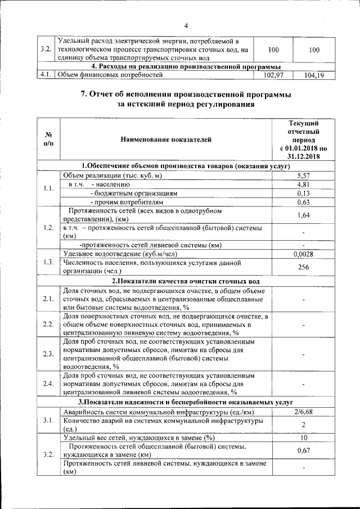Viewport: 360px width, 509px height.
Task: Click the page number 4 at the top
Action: click(x=185, y=25)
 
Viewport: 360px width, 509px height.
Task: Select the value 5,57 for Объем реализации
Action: click(x=303, y=175)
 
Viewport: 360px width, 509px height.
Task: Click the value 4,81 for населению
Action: click(x=303, y=184)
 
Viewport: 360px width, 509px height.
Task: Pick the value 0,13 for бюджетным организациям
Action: click(x=303, y=193)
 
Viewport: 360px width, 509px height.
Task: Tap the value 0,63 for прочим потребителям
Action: click(x=303, y=202)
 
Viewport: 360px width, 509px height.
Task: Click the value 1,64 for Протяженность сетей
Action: click(x=303, y=215)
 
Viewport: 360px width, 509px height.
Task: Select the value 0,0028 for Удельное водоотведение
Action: click(x=303, y=254)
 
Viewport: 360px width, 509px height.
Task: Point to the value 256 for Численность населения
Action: click(x=303, y=267)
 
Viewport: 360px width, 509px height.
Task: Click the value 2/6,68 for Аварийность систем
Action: click(x=303, y=412)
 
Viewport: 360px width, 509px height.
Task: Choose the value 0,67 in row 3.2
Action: click(x=303, y=451)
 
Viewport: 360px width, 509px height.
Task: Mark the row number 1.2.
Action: click(x=48, y=228)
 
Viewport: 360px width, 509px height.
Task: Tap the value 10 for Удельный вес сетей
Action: click(x=303, y=438)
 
